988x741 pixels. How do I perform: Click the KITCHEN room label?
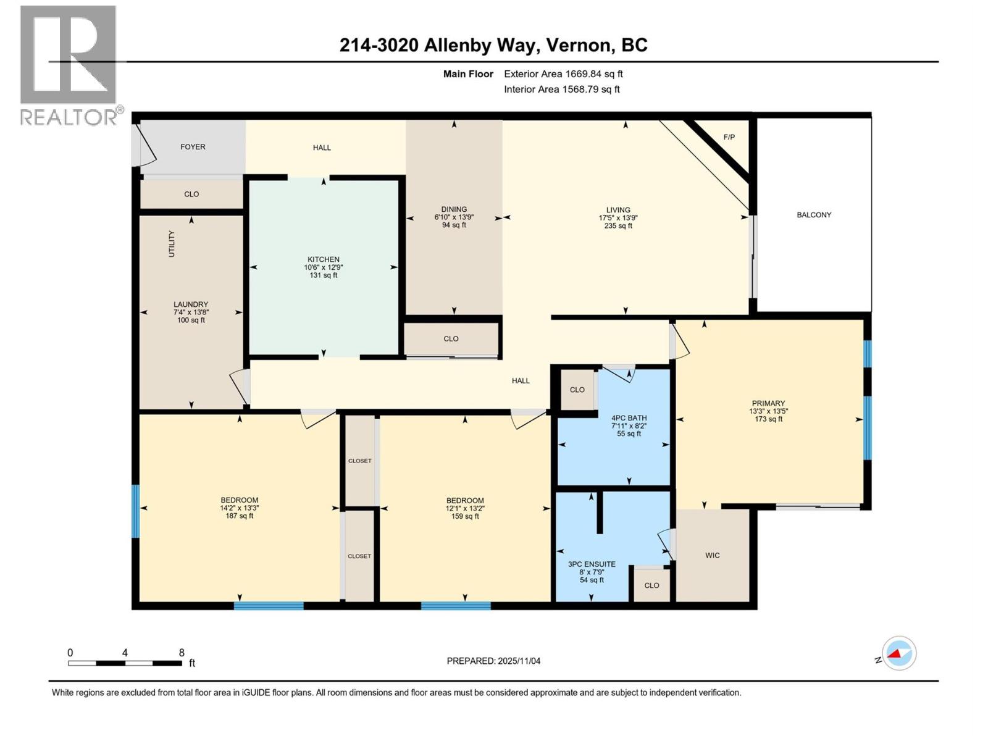coord(324,259)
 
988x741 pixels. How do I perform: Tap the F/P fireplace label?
coord(729,137)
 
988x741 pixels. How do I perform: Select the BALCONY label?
coord(814,215)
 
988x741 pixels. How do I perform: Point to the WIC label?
coord(713,555)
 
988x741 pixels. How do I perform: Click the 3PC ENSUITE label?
coord(592,564)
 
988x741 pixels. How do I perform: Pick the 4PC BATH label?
coord(629,418)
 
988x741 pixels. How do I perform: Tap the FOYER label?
coord(193,147)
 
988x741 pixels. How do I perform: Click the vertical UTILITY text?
coord(172,244)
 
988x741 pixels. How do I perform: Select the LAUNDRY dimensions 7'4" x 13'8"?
coord(191,312)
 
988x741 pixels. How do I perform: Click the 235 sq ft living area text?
coord(618,226)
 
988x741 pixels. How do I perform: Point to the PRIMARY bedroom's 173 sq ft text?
coord(768,419)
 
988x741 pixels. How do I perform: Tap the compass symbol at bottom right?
coord(898,653)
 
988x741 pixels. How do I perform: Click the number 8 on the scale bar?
coord(182,653)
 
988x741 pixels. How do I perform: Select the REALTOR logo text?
coord(69,117)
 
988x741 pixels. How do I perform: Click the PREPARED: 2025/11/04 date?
coord(493,661)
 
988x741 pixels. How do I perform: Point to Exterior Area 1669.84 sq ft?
coord(563,74)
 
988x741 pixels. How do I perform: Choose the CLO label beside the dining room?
coord(451,339)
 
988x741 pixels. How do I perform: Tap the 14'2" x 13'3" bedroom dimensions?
coord(240,508)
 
